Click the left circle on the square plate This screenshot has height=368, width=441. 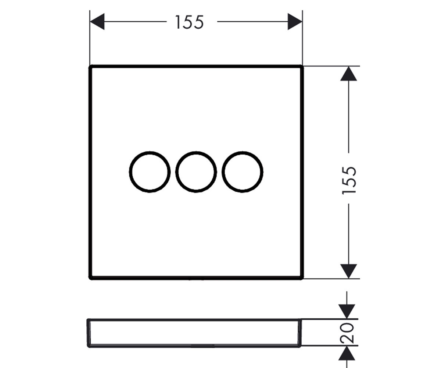[150, 171]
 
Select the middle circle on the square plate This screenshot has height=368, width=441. [196, 171]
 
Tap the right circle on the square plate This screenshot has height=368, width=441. [243, 171]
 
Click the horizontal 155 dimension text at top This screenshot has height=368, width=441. [189, 22]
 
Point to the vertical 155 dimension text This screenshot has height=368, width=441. [349, 181]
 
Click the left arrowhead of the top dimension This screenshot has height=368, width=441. [97, 22]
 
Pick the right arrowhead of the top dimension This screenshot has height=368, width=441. [295, 22]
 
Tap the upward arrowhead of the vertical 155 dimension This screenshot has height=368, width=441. [348, 74]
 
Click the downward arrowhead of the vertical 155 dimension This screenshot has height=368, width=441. [348, 271]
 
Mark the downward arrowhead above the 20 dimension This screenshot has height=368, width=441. [348, 311]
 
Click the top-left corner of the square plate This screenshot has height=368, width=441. [90, 67]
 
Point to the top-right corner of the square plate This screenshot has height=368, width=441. [302, 67]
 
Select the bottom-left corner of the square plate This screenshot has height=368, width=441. [90, 278]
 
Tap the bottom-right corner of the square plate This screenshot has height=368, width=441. [302, 278]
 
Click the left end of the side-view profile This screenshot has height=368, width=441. [88, 333]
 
